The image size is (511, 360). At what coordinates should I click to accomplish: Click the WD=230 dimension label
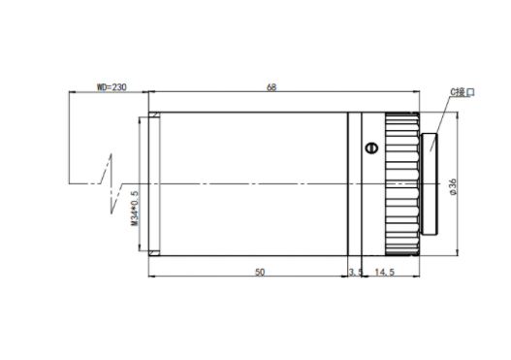[112, 87]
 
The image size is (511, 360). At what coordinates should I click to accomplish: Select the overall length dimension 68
[271, 87]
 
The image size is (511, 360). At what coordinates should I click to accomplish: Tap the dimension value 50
[260, 272]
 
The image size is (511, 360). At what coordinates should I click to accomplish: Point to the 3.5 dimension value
[355, 272]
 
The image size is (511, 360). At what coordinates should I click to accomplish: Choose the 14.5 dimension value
[385, 272]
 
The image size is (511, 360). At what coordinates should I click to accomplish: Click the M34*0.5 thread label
[135, 209]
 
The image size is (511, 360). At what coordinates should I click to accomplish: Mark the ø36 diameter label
[453, 187]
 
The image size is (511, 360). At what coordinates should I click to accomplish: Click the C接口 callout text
[463, 92]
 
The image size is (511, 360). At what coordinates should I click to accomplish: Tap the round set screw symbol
[371, 148]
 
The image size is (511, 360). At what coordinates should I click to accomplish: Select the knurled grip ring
[402, 184]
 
